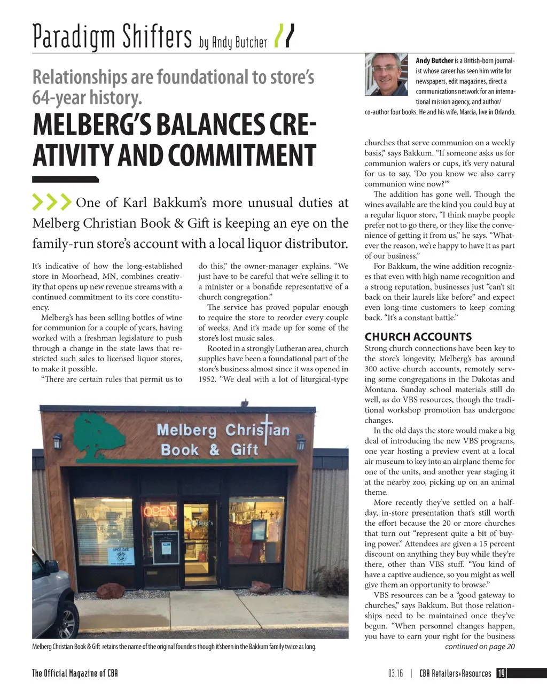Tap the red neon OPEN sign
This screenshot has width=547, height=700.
tap(159, 511)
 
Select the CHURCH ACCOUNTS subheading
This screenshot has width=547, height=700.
tap(418, 337)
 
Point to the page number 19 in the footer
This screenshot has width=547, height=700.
tap(501, 673)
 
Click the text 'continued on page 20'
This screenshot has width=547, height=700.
tap(479, 647)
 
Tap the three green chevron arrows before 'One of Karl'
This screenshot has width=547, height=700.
tap(52, 203)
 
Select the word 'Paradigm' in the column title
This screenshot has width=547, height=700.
tap(73, 36)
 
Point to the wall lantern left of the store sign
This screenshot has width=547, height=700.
tap(58, 440)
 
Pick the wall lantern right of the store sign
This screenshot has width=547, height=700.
tap(301, 441)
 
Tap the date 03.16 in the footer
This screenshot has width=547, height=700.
tap(395, 673)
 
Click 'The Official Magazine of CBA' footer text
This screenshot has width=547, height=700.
tap(75, 673)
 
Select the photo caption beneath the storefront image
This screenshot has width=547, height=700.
tap(174, 647)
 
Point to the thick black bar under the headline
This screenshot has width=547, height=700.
tap(65, 180)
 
